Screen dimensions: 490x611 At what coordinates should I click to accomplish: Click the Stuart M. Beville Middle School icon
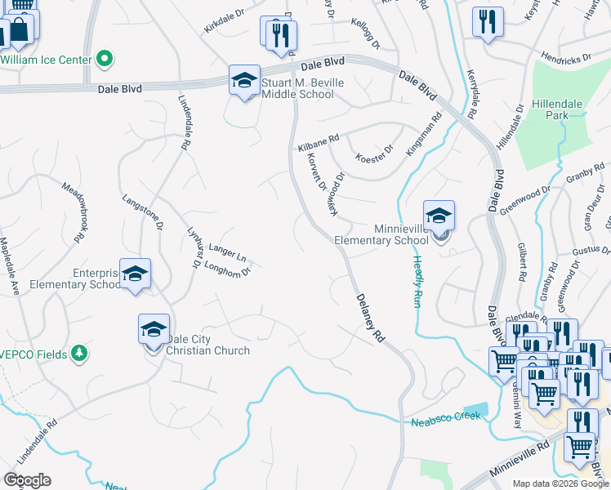(244, 81)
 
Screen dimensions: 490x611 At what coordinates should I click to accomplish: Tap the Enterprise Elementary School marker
(136, 274)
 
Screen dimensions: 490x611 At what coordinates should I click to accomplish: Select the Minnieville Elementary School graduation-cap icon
(439, 216)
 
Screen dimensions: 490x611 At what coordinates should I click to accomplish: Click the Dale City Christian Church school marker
(154, 329)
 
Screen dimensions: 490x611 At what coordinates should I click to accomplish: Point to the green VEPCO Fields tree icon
(79, 353)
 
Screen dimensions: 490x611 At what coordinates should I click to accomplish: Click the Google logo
(27, 480)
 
